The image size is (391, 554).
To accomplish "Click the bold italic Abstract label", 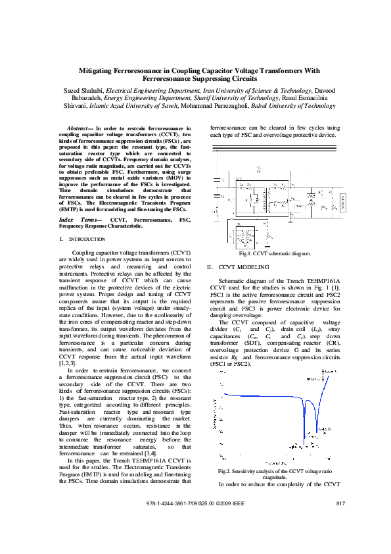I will (x=80, y=128).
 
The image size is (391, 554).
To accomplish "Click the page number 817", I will (x=340, y=503).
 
